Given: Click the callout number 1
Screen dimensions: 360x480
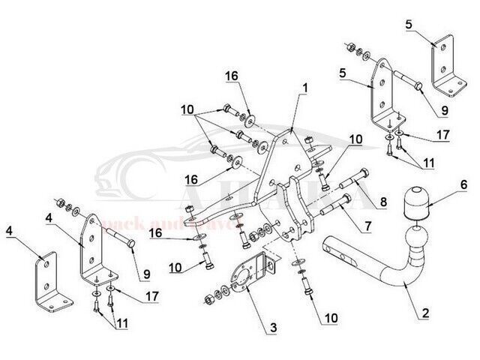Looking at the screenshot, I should tap(304, 87).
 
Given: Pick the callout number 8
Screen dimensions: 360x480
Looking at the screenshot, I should tap(384, 200).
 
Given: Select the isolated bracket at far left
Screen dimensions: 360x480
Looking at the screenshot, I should tap(46, 281).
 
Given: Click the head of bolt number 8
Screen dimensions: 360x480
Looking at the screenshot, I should tap(362, 177).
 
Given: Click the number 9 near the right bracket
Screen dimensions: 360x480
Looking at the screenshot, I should tap(444, 109).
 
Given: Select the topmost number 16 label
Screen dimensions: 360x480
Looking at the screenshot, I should tap(232, 76).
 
